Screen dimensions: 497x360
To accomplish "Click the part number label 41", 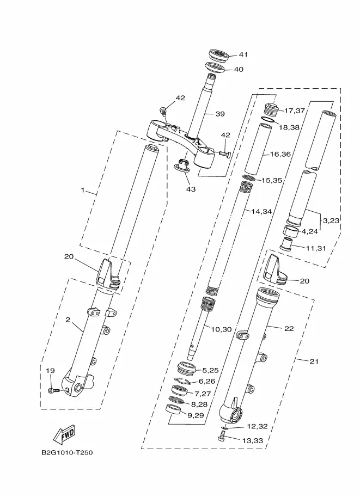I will [x=243, y=54].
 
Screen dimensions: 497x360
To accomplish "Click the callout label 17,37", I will [x=295, y=111].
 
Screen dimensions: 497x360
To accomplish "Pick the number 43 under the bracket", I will [x=191, y=189].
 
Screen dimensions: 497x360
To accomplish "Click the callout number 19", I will [x=50, y=371].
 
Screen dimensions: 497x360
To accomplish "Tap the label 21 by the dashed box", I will [x=300, y=360].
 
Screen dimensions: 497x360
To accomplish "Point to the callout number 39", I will [x=219, y=114].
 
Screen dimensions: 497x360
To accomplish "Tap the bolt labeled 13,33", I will [x=222, y=436].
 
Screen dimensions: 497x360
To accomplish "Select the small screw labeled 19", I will [x=51, y=390].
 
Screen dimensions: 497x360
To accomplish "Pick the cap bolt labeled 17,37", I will [x=272, y=108].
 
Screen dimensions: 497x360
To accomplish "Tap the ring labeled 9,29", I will [x=174, y=410].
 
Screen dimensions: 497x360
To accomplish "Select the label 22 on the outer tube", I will [x=288, y=328].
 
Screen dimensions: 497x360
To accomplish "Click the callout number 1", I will [x=83, y=191].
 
